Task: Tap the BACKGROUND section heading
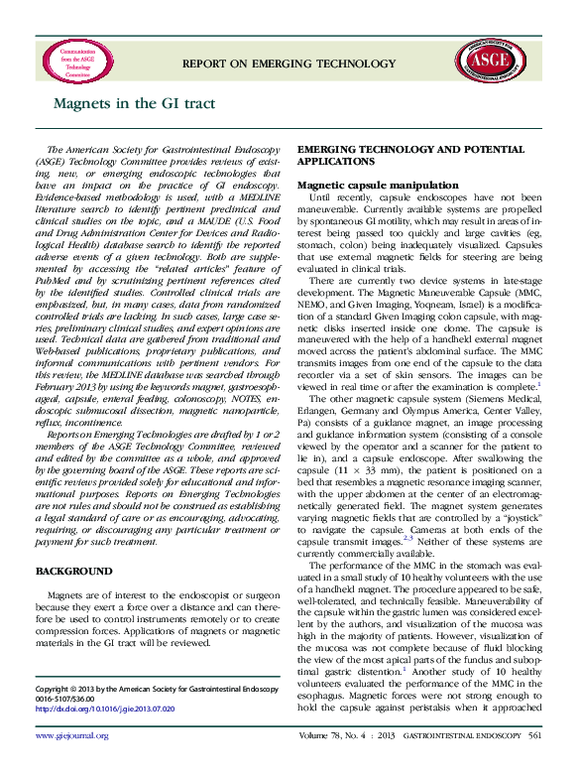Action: click(x=72, y=573)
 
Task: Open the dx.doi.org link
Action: click(x=104, y=711)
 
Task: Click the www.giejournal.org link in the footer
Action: click(x=72, y=763)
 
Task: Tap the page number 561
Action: click(x=535, y=763)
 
